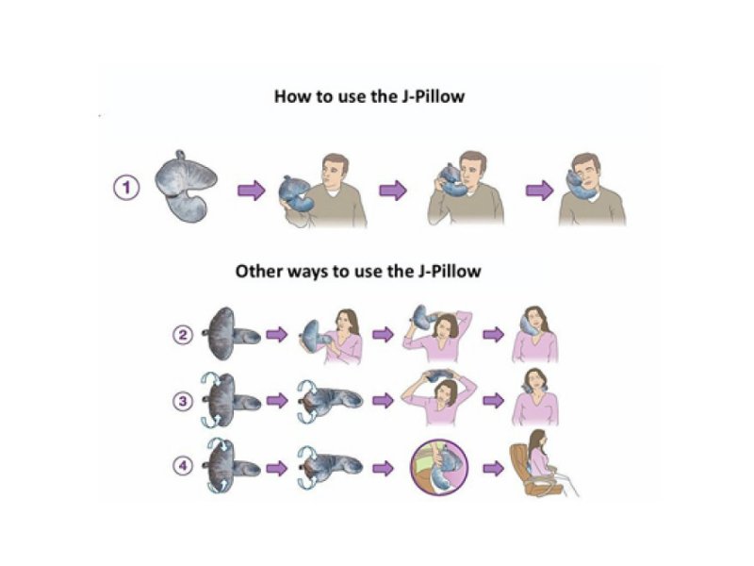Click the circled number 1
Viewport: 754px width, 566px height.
(126, 187)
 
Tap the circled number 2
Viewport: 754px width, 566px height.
(183, 335)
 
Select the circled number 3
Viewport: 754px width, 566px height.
(183, 401)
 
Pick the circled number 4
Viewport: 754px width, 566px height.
(183, 466)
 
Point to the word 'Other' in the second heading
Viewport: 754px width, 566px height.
(258, 272)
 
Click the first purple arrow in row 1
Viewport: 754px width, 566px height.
(252, 191)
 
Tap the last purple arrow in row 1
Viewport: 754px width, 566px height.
(539, 191)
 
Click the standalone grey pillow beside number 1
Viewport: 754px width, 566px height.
(185, 185)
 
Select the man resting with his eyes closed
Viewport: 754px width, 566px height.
(592, 191)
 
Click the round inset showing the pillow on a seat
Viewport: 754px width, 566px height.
(438, 467)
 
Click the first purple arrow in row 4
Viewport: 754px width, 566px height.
(276, 468)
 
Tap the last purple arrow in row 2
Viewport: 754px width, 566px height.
(493, 334)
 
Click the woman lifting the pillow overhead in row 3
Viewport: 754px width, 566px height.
(438, 398)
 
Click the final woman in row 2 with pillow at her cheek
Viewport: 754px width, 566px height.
(534, 334)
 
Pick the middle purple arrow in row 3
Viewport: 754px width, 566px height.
(383, 400)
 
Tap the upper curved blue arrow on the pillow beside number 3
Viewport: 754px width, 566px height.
(210, 380)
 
